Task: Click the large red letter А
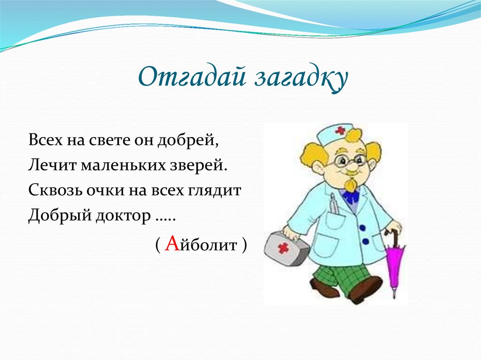pyautogui.click(x=172, y=243)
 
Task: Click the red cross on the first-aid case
pyautogui.click(x=283, y=248)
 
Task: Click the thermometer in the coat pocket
pyautogui.click(x=333, y=205)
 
